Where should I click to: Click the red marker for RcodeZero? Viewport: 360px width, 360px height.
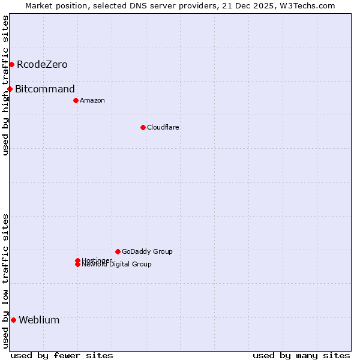pos(11,64)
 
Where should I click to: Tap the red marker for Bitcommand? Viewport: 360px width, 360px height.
pos(10,89)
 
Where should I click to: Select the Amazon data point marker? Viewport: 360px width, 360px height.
pos(76,100)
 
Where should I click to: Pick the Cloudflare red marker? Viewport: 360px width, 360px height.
pos(143,127)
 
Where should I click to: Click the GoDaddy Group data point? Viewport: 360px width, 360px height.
pos(118,251)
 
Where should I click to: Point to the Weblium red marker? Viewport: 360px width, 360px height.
pos(13,320)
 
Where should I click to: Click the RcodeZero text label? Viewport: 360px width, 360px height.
pos(42,64)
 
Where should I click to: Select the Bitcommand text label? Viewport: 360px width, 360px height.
pos(45,89)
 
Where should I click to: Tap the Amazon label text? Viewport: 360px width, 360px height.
pos(92,100)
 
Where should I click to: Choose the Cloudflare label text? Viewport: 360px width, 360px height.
pos(163,127)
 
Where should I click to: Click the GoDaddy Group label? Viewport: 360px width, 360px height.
pos(147,251)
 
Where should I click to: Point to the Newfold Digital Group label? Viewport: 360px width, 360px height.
pos(117,265)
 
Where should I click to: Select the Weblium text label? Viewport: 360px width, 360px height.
pos(39,320)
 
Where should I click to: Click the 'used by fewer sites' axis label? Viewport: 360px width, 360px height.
pos(62,355)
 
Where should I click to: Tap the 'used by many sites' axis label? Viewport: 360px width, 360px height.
pos(301,355)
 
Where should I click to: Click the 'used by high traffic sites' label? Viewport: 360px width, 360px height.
pos(5,85)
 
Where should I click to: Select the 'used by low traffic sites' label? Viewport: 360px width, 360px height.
pos(5,281)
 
